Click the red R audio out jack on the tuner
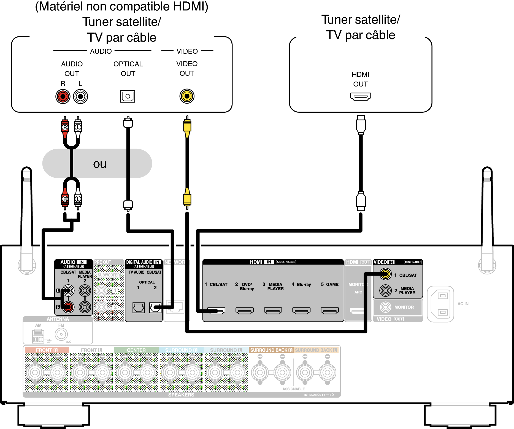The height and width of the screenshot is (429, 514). point(63,96)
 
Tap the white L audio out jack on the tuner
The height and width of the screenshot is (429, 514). point(80,96)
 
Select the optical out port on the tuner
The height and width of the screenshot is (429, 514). point(128,96)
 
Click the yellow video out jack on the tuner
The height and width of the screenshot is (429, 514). point(187,96)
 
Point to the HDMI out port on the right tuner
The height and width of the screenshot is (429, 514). point(360,96)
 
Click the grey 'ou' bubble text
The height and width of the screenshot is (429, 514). point(100,164)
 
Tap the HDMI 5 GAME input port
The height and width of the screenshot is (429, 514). point(330,311)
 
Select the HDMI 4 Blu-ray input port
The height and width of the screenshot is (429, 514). point(301,311)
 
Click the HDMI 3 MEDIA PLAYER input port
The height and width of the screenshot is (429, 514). point(273,311)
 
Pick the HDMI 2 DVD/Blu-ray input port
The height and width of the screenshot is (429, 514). point(245,311)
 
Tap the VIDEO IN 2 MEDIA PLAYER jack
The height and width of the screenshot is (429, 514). point(385,290)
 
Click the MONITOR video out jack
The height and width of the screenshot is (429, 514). point(385,307)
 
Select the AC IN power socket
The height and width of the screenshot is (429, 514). point(440,304)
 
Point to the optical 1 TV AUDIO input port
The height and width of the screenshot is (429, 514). point(139,307)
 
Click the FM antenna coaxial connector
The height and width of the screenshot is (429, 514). point(61,334)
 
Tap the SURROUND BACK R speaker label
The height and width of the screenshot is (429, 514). point(271,350)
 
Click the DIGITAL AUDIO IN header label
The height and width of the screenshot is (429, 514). point(144,262)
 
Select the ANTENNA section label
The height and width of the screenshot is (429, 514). point(58,319)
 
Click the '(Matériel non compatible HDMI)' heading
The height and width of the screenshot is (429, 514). point(122,7)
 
